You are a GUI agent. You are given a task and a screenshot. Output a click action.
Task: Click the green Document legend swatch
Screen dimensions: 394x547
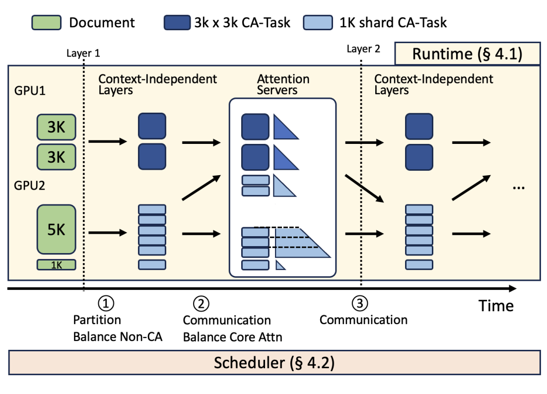point(47,22)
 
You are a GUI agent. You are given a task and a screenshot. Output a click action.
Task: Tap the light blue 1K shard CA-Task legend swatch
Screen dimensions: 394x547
point(317,22)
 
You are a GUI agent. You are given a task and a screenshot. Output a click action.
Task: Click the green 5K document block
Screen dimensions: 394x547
point(56,229)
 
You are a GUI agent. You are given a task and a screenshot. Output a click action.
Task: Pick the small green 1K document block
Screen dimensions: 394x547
point(56,265)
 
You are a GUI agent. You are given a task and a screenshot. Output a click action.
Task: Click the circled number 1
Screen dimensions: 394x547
point(105,303)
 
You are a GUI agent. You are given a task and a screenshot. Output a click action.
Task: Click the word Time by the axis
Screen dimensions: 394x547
point(496,306)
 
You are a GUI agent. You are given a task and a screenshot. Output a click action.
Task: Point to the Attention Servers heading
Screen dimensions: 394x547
point(283,84)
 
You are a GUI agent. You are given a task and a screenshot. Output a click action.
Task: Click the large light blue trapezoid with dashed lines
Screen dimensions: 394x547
point(300,243)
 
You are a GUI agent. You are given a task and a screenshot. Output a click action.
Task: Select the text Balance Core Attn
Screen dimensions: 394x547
point(232,337)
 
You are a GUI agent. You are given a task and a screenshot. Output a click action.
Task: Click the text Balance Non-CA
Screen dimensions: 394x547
point(118,336)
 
